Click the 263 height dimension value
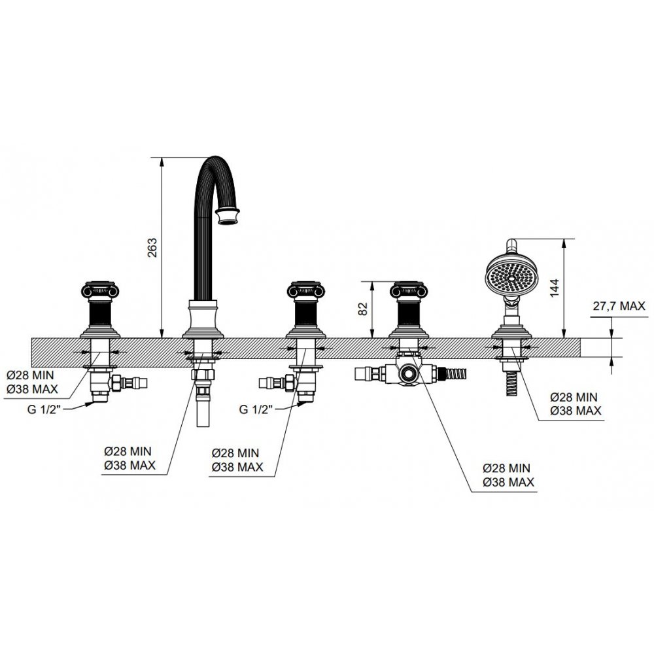152,247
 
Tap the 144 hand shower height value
555,288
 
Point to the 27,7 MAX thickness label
619,305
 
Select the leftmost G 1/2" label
44,409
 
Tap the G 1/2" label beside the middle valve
256,409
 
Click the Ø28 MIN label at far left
31,375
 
